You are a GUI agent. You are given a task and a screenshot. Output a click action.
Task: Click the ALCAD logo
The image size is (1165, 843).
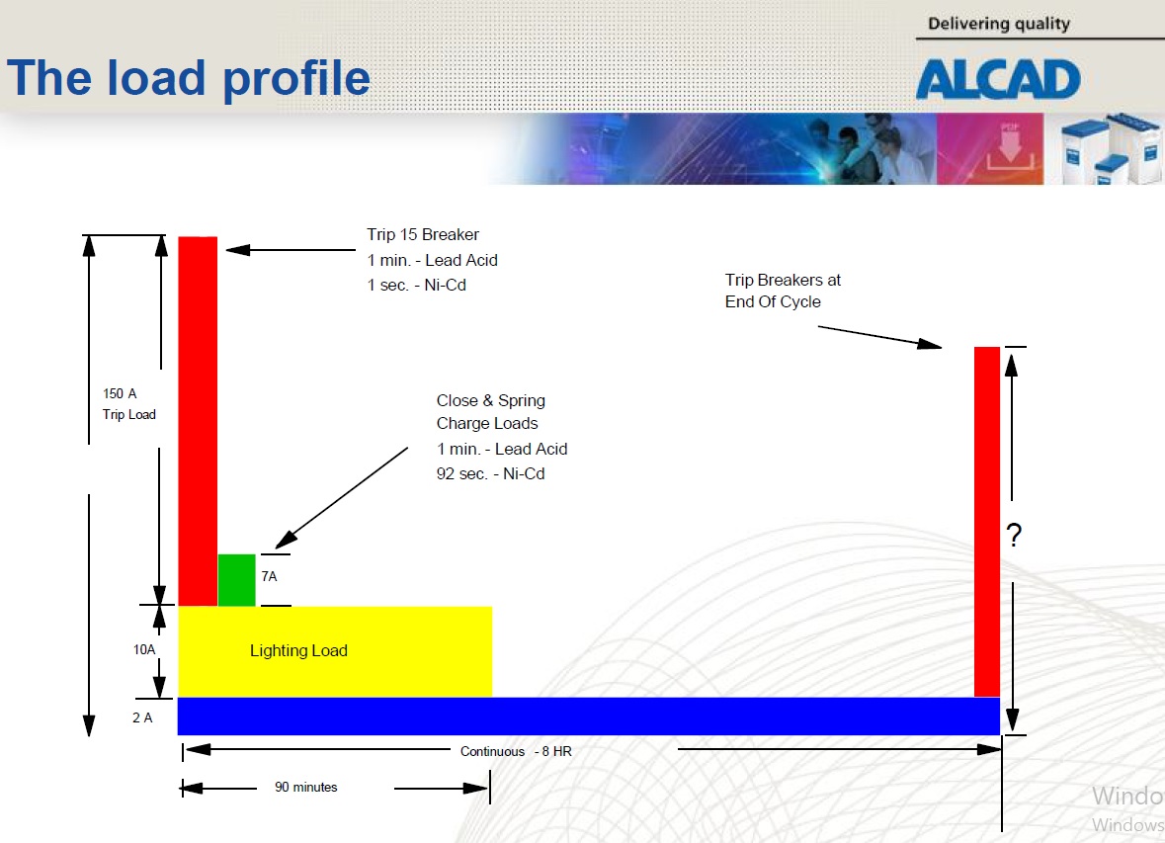click(998, 79)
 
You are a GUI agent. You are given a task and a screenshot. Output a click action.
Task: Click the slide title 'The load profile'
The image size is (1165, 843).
click(189, 78)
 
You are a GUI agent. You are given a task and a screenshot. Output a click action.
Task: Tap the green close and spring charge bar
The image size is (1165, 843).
click(236, 580)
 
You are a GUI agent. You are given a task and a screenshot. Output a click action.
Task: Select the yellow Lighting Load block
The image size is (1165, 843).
click(334, 651)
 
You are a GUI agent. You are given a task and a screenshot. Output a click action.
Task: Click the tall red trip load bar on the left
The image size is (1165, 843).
click(198, 421)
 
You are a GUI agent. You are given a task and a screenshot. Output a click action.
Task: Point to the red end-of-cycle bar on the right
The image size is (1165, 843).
click(987, 521)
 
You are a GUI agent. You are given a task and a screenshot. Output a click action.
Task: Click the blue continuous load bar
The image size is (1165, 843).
click(589, 716)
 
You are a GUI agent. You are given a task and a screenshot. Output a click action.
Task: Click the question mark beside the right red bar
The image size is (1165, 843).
click(1014, 535)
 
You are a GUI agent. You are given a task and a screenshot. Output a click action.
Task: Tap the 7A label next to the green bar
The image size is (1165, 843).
click(269, 576)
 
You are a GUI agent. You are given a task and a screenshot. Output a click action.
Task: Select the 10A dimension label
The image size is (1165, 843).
click(144, 649)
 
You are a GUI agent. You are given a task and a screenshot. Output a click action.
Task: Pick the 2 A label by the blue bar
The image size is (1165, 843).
click(142, 717)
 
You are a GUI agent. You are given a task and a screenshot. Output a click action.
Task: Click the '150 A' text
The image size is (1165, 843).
click(120, 393)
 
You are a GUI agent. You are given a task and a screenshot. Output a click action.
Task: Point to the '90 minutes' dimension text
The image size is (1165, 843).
click(306, 787)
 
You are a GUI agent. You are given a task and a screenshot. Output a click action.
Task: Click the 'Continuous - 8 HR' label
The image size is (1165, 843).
click(517, 751)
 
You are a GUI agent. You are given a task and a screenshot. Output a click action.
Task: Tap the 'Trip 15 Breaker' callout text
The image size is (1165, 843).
click(423, 234)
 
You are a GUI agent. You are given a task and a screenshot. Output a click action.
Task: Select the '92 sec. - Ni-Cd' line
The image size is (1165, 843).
click(490, 473)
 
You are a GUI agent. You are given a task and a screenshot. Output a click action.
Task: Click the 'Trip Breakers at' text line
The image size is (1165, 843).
click(784, 281)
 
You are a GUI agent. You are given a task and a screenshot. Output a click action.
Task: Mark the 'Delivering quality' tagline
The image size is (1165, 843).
click(999, 24)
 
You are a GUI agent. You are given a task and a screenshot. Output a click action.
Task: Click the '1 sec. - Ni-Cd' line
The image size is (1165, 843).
click(416, 285)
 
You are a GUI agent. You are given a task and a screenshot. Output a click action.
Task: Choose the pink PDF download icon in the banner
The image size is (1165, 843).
click(990, 148)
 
